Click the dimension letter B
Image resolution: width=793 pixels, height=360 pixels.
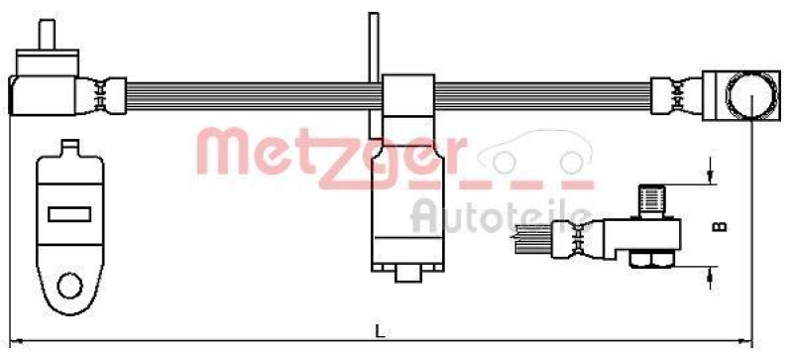pos(722,225)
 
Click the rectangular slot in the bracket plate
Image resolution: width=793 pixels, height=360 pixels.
pos(68,212)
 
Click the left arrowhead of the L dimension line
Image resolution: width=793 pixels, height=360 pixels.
pos(14,342)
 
